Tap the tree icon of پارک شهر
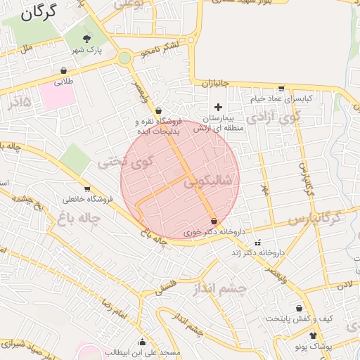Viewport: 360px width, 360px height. pyautogui.click(x=87, y=39)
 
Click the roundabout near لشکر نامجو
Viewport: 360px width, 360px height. pyautogui.click(x=125, y=58)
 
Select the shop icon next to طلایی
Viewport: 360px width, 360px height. pyautogui.click(x=64, y=70)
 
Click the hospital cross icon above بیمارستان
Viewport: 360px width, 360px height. pyautogui.click(x=218, y=107)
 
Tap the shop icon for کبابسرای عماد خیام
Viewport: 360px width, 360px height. pyautogui.click(x=281, y=89)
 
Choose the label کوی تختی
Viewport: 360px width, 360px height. pyautogui.click(x=112, y=163)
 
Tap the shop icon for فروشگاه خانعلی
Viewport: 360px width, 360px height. pyautogui.click(x=87, y=188)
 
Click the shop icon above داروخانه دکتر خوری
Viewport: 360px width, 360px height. pyautogui.click(x=214, y=221)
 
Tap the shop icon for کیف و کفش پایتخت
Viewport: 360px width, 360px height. pyautogui.click(x=300, y=308)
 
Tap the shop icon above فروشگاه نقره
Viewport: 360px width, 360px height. pyautogui.click(x=158, y=110)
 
